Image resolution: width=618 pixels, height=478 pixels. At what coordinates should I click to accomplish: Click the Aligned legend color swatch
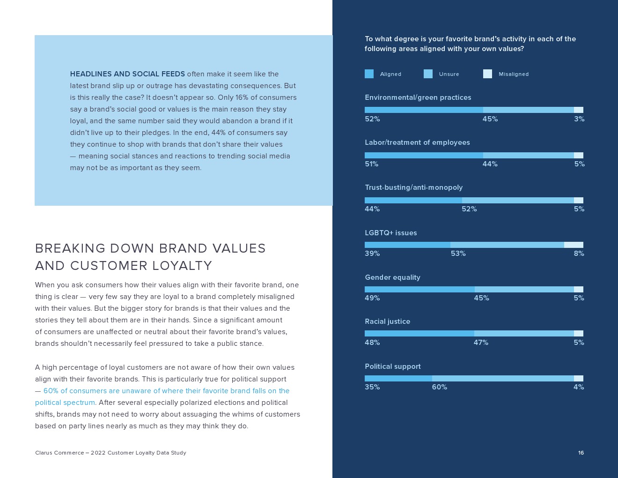(369, 74)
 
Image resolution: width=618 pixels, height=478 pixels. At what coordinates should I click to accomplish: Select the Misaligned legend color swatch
(487, 74)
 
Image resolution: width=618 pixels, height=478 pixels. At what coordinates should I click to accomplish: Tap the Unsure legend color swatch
(428, 74)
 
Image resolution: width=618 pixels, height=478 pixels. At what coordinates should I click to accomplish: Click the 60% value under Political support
(439, 387)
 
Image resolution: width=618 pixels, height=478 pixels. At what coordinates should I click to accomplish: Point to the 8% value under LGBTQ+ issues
(579, 254)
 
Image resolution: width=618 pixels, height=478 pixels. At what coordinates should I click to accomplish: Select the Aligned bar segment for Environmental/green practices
(424, 110)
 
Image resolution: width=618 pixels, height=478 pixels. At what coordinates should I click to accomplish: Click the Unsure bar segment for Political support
(502, 379)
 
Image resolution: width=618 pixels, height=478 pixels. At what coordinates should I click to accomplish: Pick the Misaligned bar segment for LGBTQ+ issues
(574, 245)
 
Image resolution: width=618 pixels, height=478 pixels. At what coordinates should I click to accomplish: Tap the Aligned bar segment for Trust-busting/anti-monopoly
(413, 201)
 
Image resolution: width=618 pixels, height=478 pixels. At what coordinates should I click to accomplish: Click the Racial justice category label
(387, 321)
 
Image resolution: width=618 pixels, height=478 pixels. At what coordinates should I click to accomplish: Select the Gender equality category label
(392, 277)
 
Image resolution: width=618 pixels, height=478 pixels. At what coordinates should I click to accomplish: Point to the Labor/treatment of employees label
(417, 142)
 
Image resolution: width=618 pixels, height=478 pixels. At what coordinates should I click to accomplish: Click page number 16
(581, 453)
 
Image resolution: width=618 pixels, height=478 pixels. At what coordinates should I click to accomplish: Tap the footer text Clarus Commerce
(59, 453)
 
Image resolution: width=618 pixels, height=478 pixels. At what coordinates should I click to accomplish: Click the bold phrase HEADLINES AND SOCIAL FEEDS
(127, 74)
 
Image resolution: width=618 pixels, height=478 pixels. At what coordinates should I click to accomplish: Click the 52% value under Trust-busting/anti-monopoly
(469, 209)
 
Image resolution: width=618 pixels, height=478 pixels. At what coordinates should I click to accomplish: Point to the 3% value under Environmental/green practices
(579, 119)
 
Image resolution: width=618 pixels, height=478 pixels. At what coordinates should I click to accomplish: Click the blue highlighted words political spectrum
(65, 403)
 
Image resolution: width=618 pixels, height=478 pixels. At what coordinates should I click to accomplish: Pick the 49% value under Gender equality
(372, 298)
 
